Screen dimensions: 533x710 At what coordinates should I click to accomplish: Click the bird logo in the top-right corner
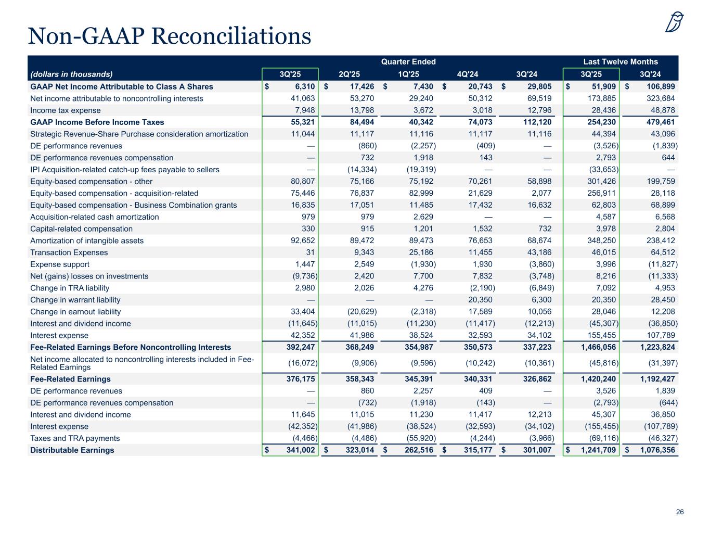point(675,22)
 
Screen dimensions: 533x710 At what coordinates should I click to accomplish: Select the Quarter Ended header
point(408,61)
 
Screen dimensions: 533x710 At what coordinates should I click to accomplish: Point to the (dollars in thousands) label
point(71,74)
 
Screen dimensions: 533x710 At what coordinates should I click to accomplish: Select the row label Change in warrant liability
point(75,300)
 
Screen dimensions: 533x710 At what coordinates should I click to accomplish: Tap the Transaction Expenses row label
point(69,252)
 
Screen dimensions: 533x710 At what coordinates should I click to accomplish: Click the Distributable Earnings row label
point(72,450)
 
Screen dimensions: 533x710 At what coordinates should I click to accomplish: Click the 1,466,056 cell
point(599,347)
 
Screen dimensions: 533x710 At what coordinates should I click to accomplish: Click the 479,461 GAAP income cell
point(657,122)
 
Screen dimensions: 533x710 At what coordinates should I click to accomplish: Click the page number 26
point(680,512)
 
